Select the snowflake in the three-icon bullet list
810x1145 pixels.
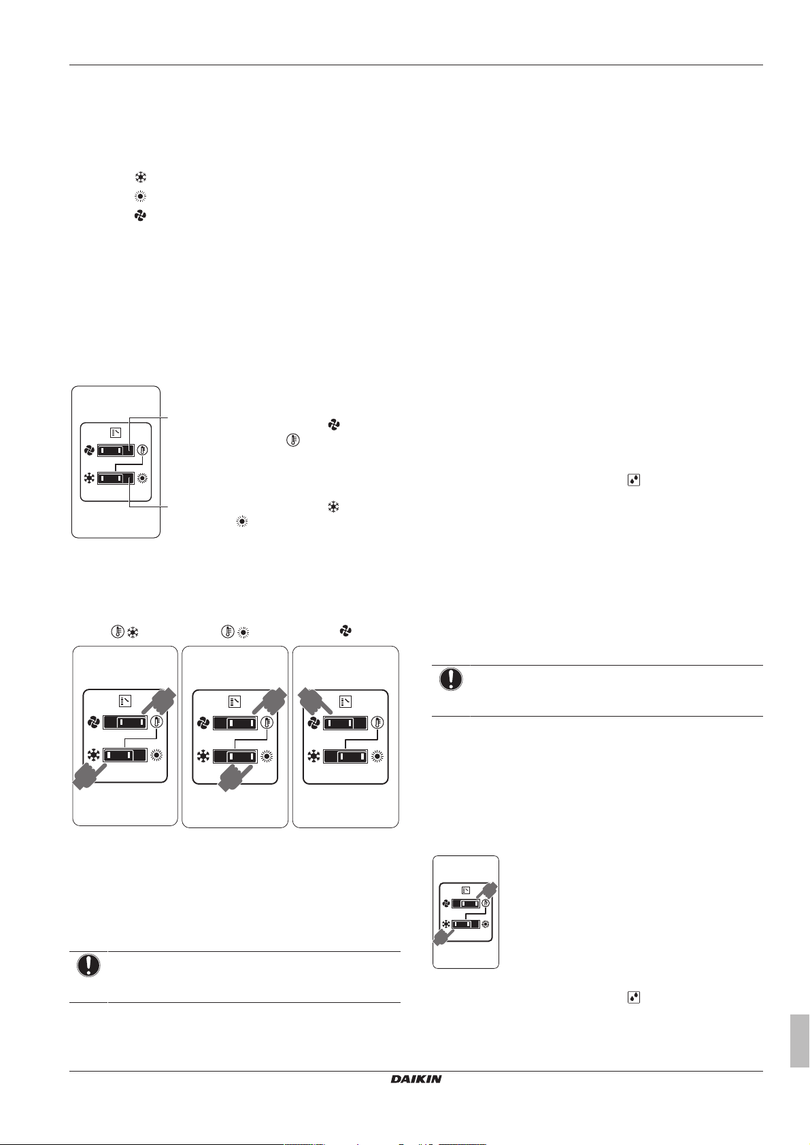[x=140, y=177]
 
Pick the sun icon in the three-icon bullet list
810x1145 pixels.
[x=140, y=196]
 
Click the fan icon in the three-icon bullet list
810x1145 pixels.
[x=140, y=216]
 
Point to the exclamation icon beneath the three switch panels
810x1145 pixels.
[x=88, y=965]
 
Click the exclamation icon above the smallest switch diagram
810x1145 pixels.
[x=450, y=679]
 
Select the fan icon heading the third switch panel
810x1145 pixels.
[x=345, y=631]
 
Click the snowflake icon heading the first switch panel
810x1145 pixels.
[x=133, y=632]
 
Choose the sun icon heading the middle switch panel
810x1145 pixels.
[x=243, y=632]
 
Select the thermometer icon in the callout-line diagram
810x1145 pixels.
[x=143, y=450]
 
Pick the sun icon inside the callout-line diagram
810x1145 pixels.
[x=143, y=479]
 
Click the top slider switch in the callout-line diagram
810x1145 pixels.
[x=116, y=450]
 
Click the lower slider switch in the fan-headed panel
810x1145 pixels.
[x=345, y=756]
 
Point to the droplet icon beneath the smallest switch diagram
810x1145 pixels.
[x=634, y=997]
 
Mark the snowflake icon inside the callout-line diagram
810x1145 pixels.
[x=89, y=479]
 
